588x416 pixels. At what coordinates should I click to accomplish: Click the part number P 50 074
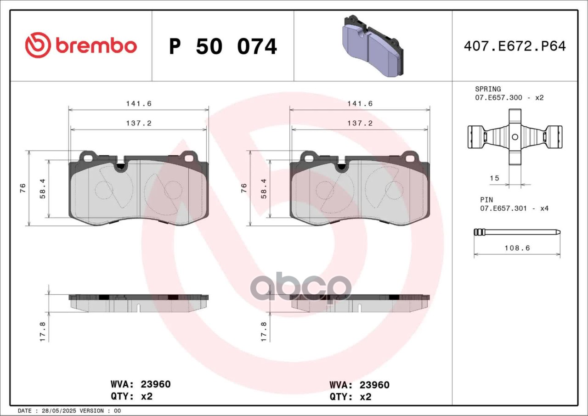coord(223,46)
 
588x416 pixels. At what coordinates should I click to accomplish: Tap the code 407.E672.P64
coord(515,46)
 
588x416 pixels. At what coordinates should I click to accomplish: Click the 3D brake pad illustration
coord(373,46)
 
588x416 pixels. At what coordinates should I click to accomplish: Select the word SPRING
coord(488,89)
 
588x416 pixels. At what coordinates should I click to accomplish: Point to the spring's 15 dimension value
coord(494,178)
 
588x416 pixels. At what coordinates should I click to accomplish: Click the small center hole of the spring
coord(515,137)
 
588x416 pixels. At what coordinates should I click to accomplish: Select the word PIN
coord(486,200)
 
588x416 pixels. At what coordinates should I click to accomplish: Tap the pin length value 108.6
coord(517,248)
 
